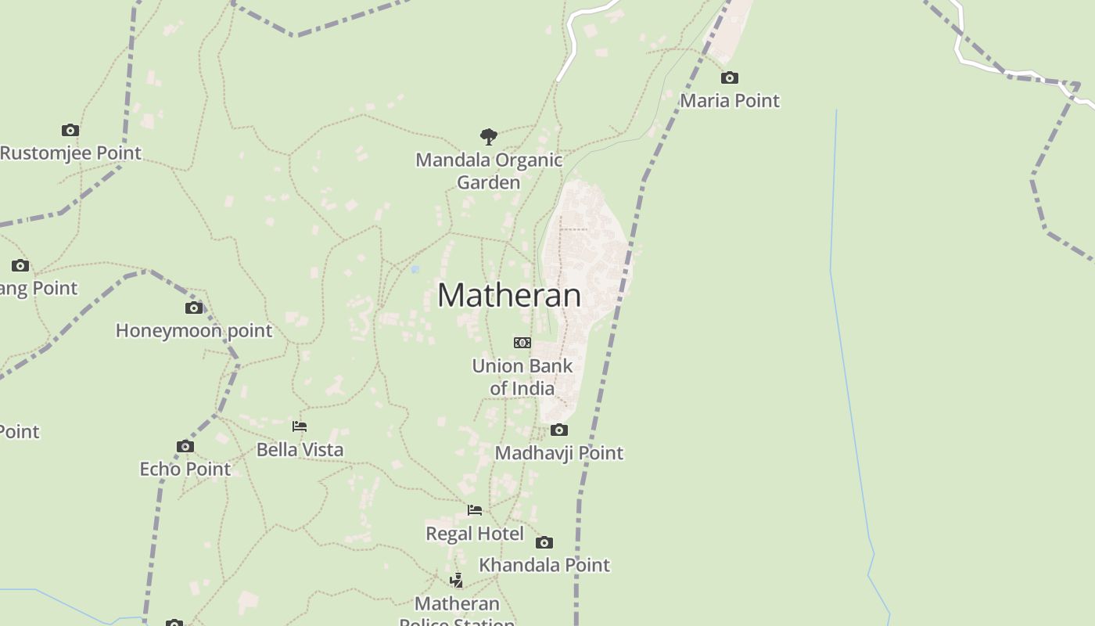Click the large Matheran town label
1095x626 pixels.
pyautogui.click(x=509, y=295)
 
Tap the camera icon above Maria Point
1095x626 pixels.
pyautogui.click(x=729, y=77)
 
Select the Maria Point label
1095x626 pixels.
pyautogui.click(x=729, y=100)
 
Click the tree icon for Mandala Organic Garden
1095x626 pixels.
pyautogui.click(x=489, y=137)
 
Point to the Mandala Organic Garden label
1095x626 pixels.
pyautogui.click(x=489, y=171)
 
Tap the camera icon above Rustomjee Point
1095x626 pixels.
pyautogui.click(x=70, y=130)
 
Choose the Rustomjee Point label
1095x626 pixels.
pyautogui.click(x=70, y=153)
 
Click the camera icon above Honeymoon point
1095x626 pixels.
pyautogui.click(x=194, y=308)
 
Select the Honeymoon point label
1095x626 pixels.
pyautogui.click(x=194, y=330)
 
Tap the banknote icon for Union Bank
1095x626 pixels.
pyautogui.click(x=522, y=343)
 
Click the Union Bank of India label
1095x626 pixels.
pyautogui.click(x=522, y=376)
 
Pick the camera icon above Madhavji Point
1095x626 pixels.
pyautogui.click(x=558, y=430)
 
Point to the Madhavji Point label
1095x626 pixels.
pyautogui.click(x=558, y=452)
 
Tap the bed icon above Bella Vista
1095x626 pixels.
pyautogui.click(x=300, y=426)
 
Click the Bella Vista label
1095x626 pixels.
pyautogui.click(x=300, y=449)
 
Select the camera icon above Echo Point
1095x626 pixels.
pyautogui.click(x=185, y=446)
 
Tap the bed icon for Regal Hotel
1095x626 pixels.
pyautogui.click(x=475, y=510)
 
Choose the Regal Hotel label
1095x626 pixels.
pyautogui.click(x=475, y=534)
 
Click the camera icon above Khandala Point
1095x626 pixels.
pyautogui.click(x=544, y=542)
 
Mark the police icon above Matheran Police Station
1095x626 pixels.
pyautogui.click(x=457, y=581)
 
